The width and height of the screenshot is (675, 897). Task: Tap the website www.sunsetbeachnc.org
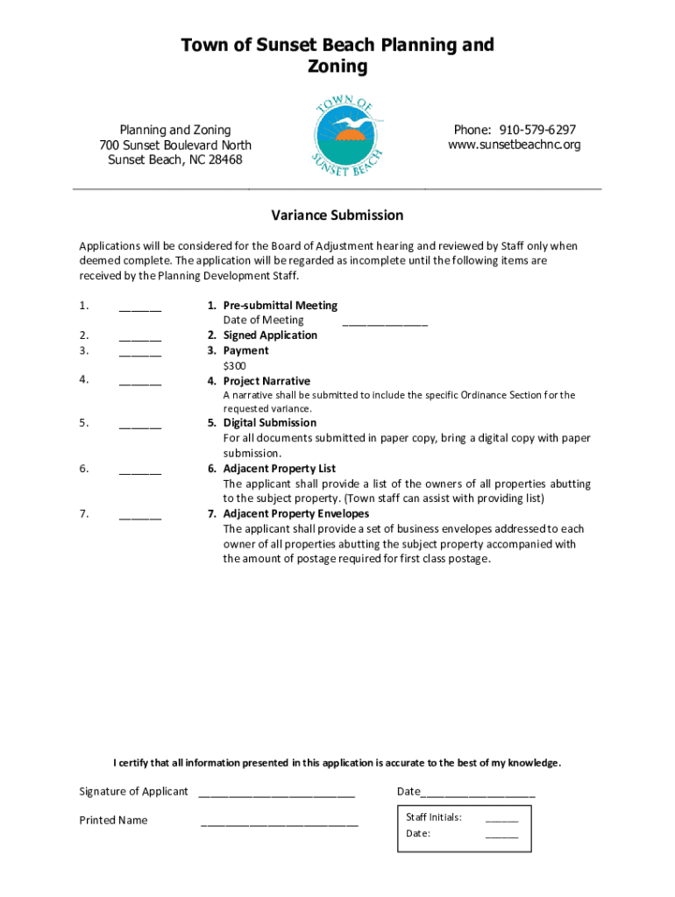tap(515, 145)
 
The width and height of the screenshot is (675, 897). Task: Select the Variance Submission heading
tap(337, 215)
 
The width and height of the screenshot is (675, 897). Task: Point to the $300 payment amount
tap(234, 365)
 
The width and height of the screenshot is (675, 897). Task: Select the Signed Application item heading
tap(270, 335)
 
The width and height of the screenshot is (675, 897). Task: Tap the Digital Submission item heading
tap(269, 423)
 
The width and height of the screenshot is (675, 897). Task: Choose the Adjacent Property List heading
tap(279, 469)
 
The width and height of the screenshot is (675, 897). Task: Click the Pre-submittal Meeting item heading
tap(280, 306)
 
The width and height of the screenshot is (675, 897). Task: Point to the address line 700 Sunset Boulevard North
tap(175, 145)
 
